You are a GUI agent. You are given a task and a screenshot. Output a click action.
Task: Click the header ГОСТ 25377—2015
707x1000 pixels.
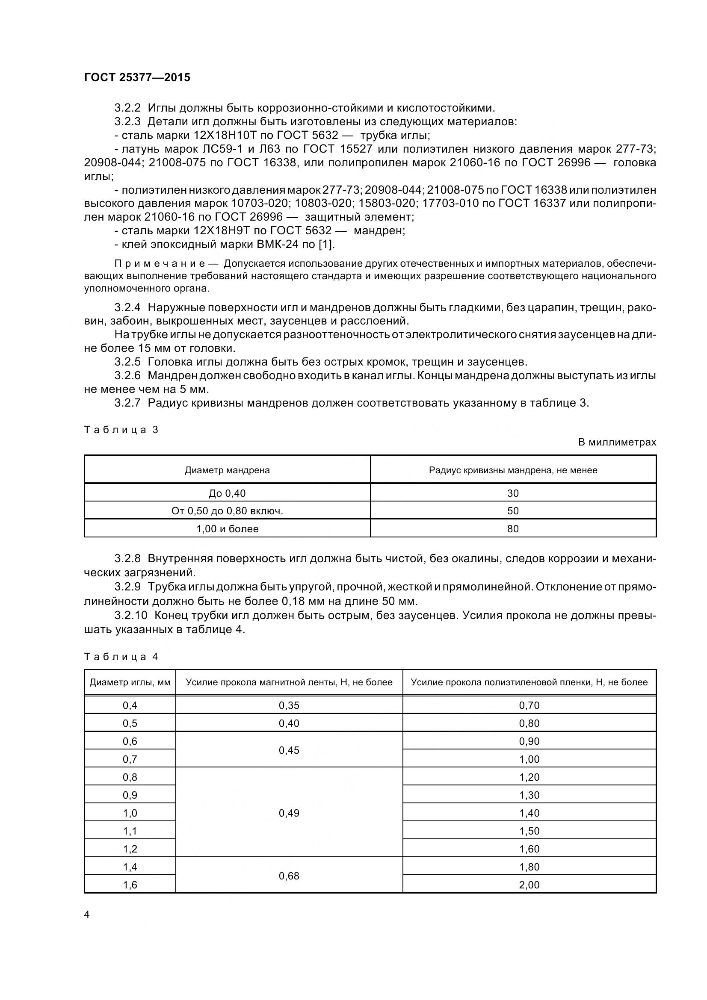137,77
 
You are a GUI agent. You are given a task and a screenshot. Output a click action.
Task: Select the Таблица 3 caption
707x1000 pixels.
121,430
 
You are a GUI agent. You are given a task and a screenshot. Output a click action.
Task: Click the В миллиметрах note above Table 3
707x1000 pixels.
617,442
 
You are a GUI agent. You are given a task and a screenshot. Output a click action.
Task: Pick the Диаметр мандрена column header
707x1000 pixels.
227,470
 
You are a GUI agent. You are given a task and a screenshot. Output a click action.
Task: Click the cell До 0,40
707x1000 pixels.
227,493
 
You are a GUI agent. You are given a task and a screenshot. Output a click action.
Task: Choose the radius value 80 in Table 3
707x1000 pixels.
513,529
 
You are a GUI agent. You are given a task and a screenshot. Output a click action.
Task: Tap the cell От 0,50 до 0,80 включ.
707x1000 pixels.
227,511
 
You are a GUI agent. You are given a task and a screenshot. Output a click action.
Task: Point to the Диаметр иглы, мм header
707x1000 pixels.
130,682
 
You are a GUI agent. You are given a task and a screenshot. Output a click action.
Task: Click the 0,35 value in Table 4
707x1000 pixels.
289,705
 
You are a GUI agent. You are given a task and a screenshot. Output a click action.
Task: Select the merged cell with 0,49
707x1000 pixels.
289,813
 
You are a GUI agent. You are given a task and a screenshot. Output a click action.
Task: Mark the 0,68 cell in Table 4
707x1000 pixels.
289,876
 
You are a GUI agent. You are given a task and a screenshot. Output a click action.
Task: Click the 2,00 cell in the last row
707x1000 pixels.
529,885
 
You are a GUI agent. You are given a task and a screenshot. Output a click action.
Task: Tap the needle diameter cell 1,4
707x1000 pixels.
130,867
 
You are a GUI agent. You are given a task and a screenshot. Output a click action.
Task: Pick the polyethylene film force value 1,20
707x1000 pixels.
529,777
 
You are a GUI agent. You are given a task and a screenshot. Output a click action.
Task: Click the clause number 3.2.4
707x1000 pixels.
127,307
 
